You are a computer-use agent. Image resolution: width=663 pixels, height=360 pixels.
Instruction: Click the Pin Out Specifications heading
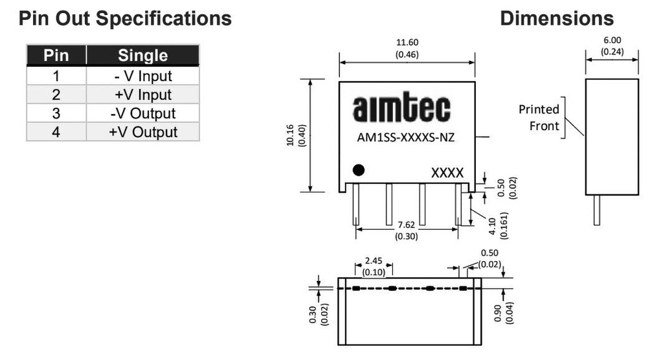[x=125, y=18]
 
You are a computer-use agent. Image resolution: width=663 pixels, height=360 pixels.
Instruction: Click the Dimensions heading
[x=556, y=18]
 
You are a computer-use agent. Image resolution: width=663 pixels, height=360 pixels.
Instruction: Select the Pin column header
[x=56, y=56]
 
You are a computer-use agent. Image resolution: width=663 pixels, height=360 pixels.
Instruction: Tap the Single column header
[x=142, y=56]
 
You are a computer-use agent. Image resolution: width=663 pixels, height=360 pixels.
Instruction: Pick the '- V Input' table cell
[x=142, y=76]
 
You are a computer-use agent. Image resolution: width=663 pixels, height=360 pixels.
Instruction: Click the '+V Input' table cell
[x=142, y=95]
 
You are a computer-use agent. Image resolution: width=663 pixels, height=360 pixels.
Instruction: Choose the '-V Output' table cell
[x=142, y=113]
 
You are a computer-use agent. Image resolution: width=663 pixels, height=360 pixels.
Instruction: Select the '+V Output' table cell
[x=142, y=132]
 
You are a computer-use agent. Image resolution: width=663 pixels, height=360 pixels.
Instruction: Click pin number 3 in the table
[x=56, y=113]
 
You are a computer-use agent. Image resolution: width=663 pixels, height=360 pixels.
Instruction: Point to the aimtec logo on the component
[x=401, y=109]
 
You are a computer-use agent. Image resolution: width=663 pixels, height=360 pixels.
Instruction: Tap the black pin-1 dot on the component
[x=358, y=170]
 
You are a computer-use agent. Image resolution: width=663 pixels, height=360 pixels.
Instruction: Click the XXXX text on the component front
[x=447, y=173]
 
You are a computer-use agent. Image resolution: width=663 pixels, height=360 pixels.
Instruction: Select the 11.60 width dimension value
[x=407, y=43]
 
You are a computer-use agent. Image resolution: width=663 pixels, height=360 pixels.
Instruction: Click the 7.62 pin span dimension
[x=407, y=225]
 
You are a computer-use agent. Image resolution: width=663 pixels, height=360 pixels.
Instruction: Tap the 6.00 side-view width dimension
[x=612, y=40]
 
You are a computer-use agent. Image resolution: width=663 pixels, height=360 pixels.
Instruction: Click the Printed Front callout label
[x=539, y=117]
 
